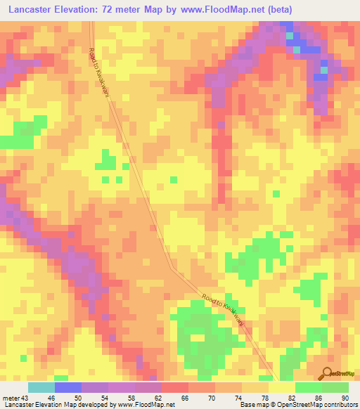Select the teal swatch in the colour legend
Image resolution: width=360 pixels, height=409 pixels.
pyautogui.click(x=41, y=387)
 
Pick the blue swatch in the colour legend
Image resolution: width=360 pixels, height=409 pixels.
pyautogui.click(x=68, y=387)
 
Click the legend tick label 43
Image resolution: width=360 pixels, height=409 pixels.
pyautogui.click(x=25, y=398)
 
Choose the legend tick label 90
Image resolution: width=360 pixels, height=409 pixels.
pyautogui.click(x=345, y=398)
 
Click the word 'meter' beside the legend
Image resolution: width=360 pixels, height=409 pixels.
pyautogui.click(x=11, y=398)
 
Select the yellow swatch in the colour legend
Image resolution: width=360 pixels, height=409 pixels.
pyautogui.click(x=282, y=387)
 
